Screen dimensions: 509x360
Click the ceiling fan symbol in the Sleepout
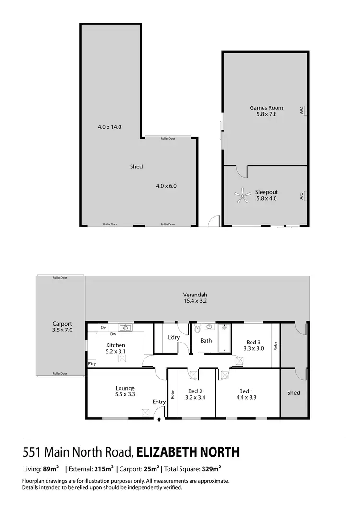click(x=242, y=195)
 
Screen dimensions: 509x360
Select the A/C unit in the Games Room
click(x=304, y=111)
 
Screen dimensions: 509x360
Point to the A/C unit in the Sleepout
click(x=304, y=195)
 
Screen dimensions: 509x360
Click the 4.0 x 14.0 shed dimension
click(x=109, y=127)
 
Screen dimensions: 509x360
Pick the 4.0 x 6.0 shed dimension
click(x=167, y=186)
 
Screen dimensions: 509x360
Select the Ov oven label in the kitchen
click(x=103, y=328)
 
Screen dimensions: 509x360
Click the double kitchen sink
click(x=126, y=328)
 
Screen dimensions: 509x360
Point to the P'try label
click(x=92, y=364)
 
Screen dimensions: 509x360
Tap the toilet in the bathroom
click(x=197, y=329)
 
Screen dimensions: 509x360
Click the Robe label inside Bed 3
click(x=276, y=346)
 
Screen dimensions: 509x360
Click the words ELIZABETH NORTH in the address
click(x=188, y=452)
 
